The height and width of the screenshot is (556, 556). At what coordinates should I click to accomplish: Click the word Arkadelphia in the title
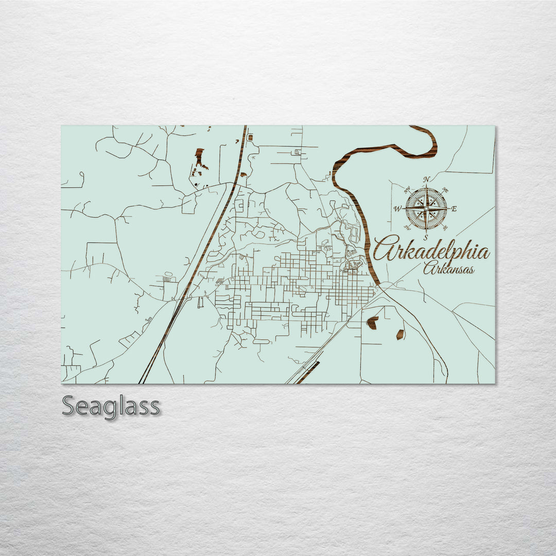tap(431, 251)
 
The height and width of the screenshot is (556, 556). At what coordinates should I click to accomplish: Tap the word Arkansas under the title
tap(449, 269)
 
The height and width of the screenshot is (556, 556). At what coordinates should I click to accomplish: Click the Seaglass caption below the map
tap(111, 406)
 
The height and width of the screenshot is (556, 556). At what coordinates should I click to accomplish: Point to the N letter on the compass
tap(426, 180)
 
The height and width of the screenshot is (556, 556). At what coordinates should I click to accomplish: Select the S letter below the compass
tap(426, 237)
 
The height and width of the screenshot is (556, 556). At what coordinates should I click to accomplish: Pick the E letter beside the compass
tap(454, 208)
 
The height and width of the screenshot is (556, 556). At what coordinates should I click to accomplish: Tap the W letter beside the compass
tap(397, 209)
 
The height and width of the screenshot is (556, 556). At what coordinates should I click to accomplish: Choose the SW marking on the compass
tap(407, 227)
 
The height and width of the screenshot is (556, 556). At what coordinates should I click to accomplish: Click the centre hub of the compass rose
tap(426, 208)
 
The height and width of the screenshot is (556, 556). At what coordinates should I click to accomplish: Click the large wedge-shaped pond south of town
tap(372, 323)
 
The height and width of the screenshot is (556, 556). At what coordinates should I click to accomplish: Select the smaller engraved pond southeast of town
tap(399, 334)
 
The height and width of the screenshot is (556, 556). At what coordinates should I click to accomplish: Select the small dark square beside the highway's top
tap(250, 137)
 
